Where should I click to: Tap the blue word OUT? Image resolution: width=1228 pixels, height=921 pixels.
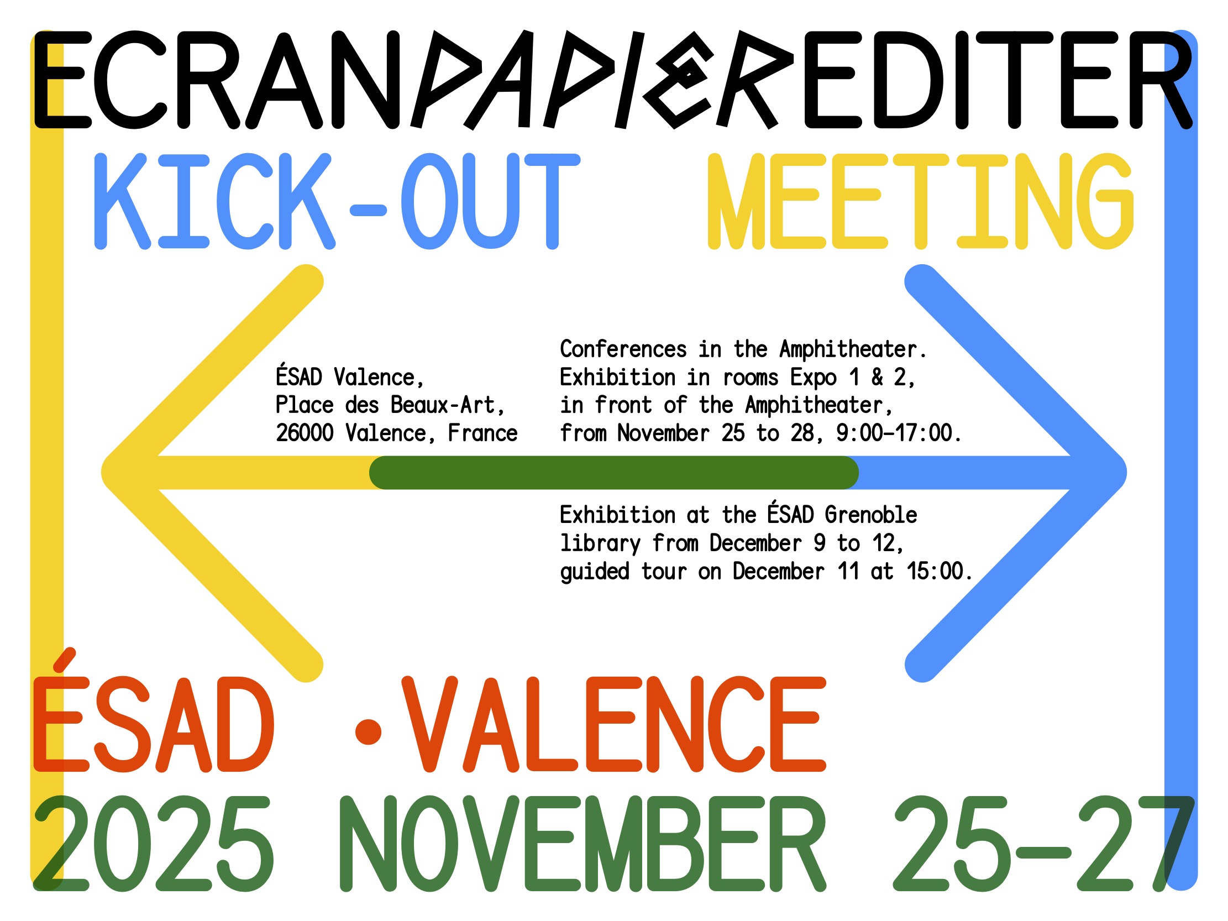[x=490, y=201]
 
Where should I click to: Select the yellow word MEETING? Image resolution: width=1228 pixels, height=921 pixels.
[x=920, y=201]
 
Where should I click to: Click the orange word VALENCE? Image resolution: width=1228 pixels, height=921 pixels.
[x=614, y=724]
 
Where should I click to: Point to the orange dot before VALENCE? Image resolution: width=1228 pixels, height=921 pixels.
[x=368, y=731]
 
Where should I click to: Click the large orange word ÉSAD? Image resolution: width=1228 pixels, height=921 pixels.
[x=154, y=710]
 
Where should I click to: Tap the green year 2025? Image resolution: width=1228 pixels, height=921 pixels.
[x=154, y=842]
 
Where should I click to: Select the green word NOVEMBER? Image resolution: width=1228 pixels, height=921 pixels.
[x=583, y=842]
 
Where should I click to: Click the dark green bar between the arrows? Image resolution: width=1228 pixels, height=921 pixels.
[x=614, y=473]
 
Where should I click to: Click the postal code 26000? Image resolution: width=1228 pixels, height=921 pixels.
[x=305, y=433]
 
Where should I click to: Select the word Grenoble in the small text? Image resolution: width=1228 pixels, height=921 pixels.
[x=870, y=515]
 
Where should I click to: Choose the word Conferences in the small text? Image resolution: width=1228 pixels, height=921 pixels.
[x=623, y=349]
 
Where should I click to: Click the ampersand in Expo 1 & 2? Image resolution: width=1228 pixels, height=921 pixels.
[x=877, y=377]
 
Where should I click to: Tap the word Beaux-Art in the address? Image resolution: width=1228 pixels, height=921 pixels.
[x=443, y=405]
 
